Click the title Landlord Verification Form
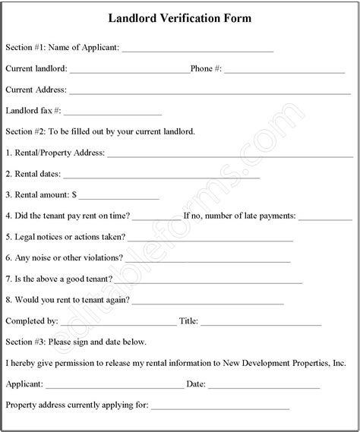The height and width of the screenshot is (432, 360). click(x=180, y=17)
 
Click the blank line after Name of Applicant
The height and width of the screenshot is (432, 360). click(x=197, y=50)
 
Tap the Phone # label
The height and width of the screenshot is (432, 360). click(x=206, y=68)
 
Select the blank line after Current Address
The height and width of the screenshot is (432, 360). click(x=205, y=92)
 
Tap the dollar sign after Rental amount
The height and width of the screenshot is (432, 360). click(x=74, y=194)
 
